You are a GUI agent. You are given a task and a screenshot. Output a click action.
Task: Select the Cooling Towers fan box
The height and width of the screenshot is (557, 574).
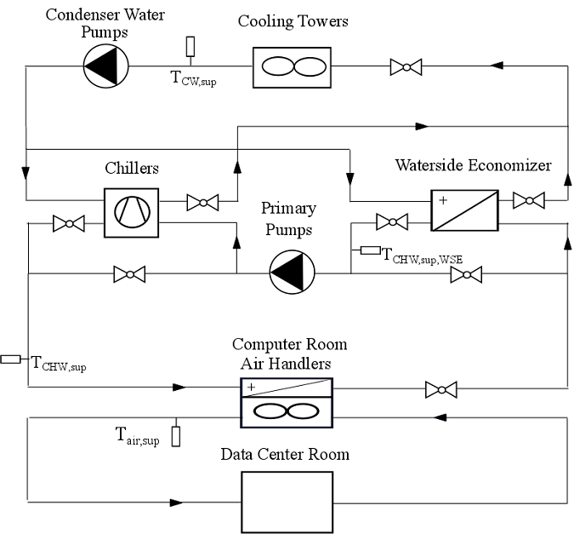point(292,66)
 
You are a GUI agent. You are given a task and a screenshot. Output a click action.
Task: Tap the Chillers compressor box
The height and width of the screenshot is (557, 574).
point(131,212)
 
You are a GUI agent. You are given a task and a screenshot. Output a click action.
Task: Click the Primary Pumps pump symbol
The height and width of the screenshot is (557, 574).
point(292,273)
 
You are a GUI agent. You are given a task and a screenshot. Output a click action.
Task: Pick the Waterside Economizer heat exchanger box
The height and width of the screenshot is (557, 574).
point(463,210)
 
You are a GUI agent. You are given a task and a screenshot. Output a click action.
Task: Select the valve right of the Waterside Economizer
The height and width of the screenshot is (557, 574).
point(529,201)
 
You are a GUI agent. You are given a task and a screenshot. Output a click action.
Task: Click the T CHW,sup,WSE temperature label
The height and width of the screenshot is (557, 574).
point(423,254)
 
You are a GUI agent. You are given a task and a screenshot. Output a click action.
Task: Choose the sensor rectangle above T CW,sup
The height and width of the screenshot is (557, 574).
point(190,46)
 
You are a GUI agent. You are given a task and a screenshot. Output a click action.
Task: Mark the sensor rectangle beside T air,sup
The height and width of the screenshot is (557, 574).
point(176,436)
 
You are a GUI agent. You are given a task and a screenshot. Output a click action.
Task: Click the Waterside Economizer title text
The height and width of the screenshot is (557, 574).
point(473,164)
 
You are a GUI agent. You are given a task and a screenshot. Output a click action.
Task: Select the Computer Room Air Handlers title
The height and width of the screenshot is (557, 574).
point(289,354)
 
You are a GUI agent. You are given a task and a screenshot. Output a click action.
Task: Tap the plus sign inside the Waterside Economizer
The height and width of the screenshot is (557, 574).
point(443,200)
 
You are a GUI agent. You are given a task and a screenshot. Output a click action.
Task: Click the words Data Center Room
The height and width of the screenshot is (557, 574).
point(285,454)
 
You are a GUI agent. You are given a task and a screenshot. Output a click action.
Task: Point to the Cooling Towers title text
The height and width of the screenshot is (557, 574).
point(293,20)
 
